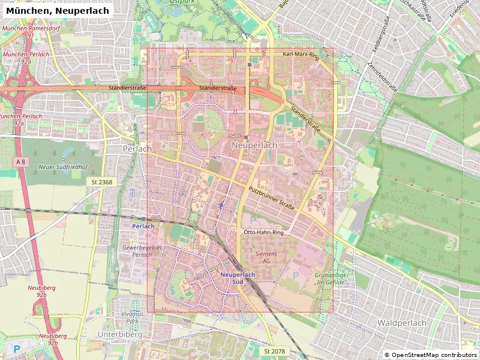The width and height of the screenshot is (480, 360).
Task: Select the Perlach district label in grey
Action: (x=137, y=148)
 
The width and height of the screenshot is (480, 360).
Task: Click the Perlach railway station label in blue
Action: (x=143, y=226)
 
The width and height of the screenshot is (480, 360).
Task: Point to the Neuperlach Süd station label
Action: (x=238, y=278)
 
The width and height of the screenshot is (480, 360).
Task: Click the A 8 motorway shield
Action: (x=22, y=162)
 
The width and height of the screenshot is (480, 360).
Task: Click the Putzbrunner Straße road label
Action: (x=271, y=199)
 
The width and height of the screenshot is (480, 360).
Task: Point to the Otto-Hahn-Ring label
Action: (x=263, y=232)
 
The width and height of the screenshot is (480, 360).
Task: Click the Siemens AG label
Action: (x=266, y=257)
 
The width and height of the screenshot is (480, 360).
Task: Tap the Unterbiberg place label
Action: (x=120, y=334)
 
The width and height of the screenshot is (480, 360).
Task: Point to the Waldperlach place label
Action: (x=401, y=323)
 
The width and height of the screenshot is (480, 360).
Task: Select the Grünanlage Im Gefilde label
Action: (x=328, y=278)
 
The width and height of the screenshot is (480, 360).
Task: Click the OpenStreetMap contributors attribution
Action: (x=430, y=355)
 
